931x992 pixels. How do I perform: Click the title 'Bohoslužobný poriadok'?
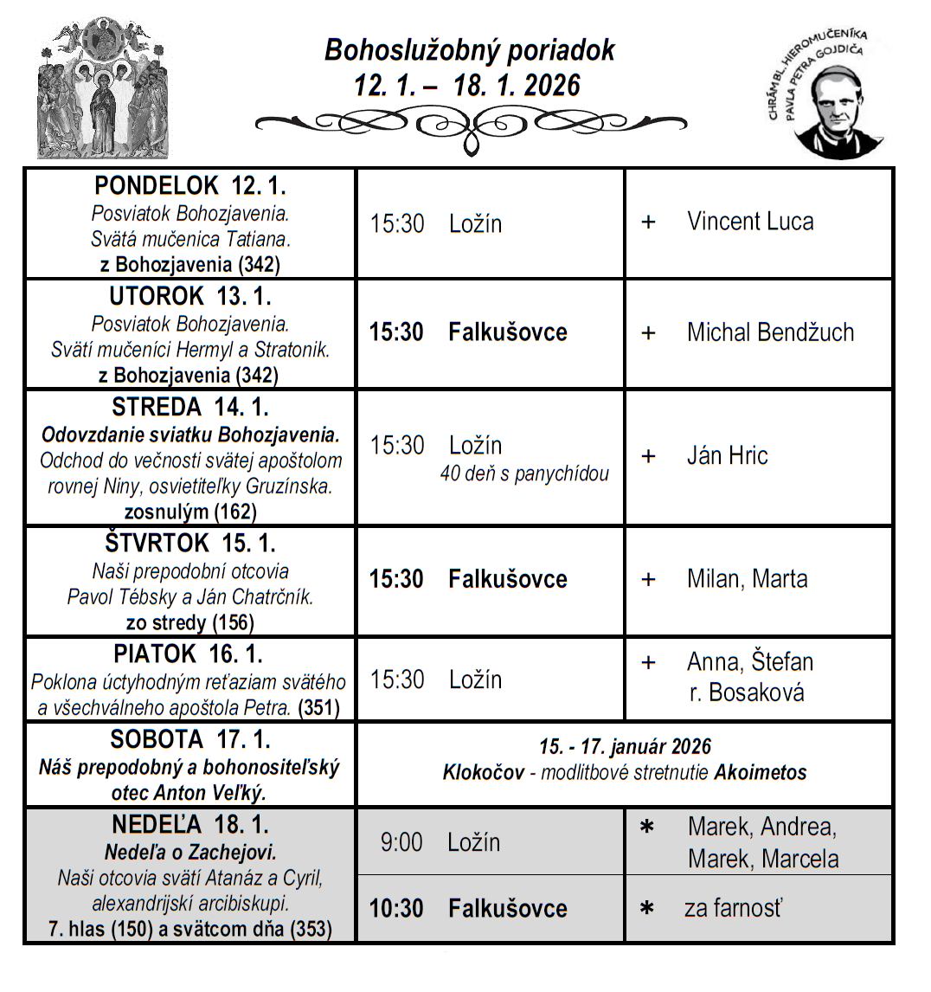point(469,50)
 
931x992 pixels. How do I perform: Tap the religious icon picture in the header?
point(103,88)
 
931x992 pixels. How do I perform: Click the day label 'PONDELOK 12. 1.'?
point(190,186)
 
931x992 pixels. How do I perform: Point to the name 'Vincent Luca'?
point(750,222)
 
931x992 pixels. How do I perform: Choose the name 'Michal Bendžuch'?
point(770,332)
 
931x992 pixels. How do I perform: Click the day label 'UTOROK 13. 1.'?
point(190,297)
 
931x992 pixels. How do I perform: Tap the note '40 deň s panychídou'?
point(524,474)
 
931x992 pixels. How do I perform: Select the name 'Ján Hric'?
point(727,456)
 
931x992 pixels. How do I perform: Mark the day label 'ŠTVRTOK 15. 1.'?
point(190,544)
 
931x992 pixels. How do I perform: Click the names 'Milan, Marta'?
point(747,579)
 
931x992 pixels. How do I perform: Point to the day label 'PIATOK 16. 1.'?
point(189,654)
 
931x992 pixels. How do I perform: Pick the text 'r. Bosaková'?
point(747,693)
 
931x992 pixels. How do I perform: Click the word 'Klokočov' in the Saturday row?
point(483,772)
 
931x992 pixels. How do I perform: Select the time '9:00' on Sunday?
point(401,842)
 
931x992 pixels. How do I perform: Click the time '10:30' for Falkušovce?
point(396,909)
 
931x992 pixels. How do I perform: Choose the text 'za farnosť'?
point(733,909)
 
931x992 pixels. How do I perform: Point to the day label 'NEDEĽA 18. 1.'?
point(190,823)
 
